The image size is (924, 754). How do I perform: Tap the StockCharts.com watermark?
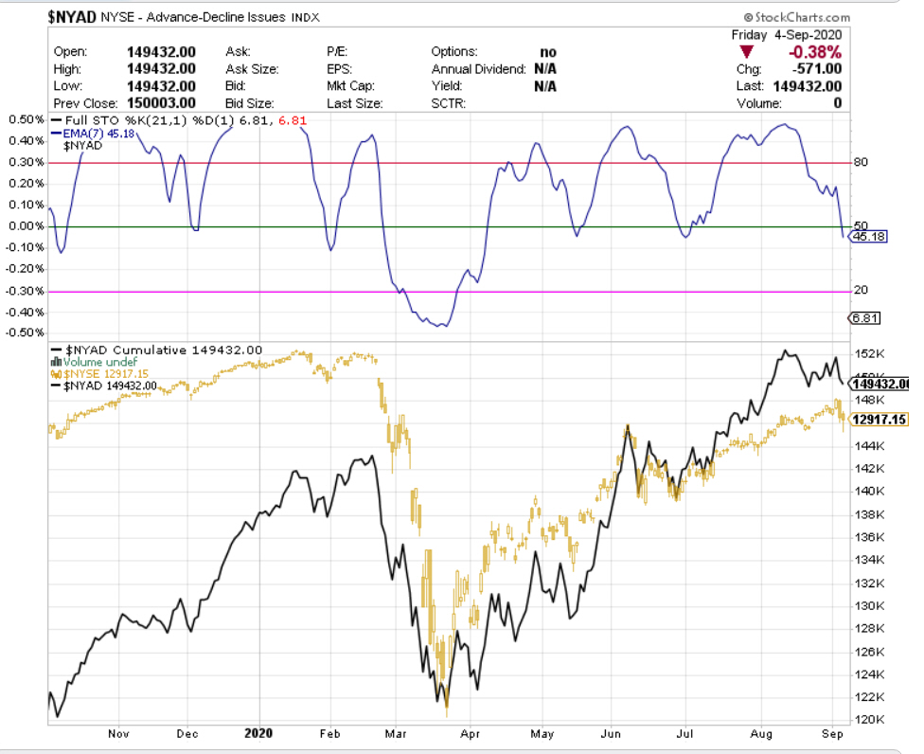click(798, 17)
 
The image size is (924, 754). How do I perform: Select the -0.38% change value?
click(815, 52)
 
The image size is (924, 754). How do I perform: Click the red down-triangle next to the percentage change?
click(747, 52)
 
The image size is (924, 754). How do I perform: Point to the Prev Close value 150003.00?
click(161, 103)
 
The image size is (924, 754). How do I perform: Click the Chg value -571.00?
click(816, 69)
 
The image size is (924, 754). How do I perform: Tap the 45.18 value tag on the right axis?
click(868, 237)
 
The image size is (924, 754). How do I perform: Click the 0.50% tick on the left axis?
click(27, 119)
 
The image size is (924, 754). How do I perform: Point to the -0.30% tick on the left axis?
click(25, 291)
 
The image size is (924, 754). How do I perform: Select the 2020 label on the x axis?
click(258, 733)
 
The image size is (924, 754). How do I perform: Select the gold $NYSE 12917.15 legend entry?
click(98, 374)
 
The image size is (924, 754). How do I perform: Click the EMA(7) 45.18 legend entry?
click(97, 134)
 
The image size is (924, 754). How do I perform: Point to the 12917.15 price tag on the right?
click(880, 419)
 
